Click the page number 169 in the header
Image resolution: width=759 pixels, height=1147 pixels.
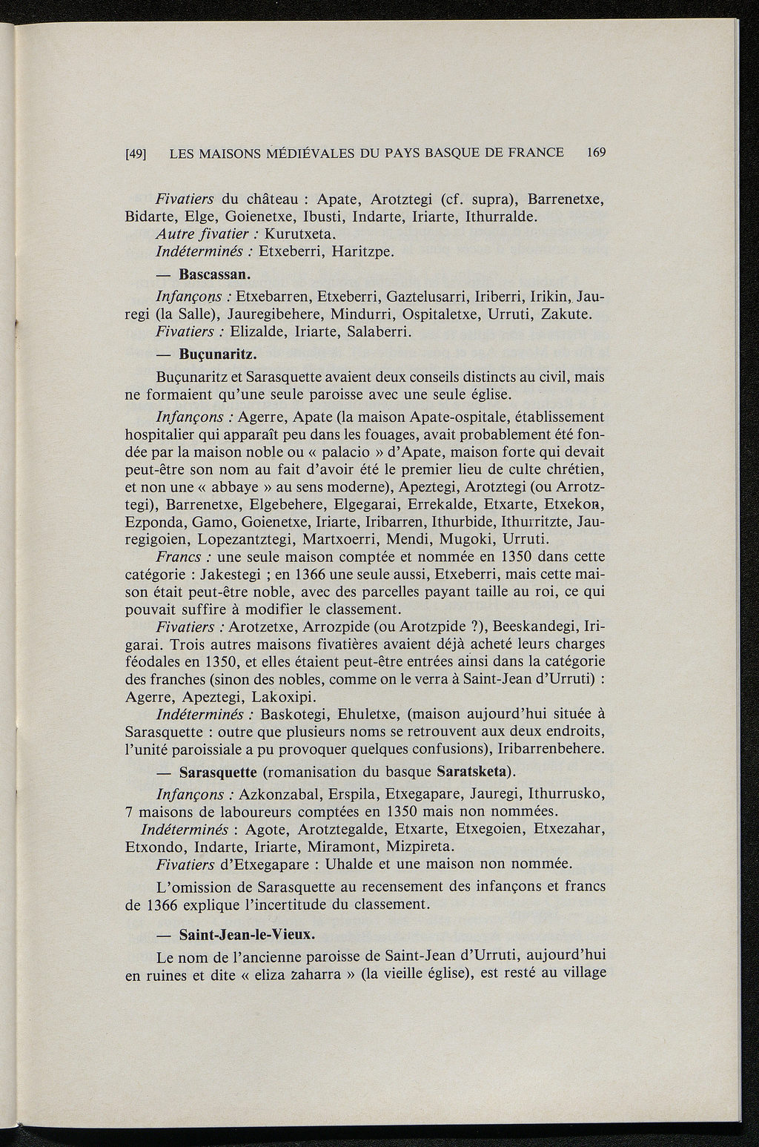pos(595,153)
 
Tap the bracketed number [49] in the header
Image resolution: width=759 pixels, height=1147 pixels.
pos(135,154)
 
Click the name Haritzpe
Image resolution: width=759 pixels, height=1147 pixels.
pos(362,253)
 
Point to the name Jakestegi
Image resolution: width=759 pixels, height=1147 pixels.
pos(225,575)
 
